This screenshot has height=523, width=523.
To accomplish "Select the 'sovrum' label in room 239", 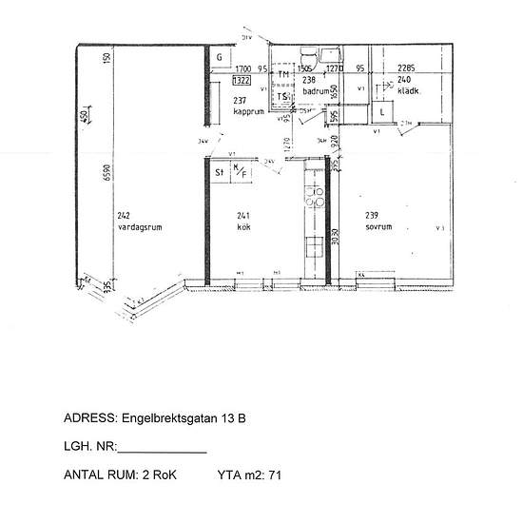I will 378,229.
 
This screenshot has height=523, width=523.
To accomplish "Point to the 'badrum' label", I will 315,91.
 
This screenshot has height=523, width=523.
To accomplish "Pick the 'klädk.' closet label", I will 397,92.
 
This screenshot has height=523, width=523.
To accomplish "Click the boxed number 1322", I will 242,82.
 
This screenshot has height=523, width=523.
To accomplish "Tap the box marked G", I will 219,58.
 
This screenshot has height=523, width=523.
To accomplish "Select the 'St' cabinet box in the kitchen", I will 218,173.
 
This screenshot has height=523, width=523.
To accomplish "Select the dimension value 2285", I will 406,68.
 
